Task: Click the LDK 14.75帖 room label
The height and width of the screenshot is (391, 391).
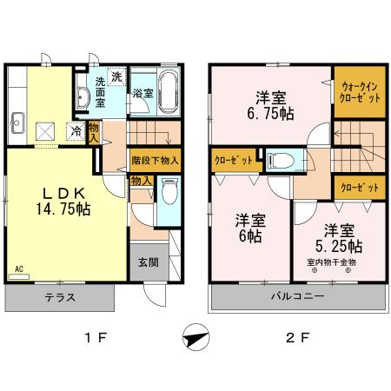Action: [55, 201]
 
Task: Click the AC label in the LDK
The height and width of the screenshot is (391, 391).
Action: [18, 269]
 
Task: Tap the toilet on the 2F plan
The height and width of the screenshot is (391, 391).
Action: [278, 160]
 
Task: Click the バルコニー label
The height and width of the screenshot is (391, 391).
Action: [297, 297]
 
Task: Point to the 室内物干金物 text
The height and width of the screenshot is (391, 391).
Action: [331, 261]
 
